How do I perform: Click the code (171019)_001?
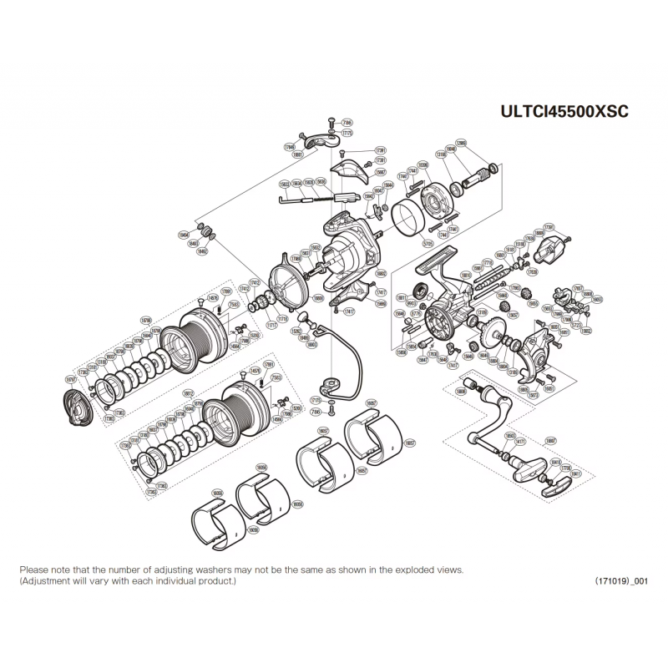point(609,580)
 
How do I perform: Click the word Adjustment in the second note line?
point(44,580)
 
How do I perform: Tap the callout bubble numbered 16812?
point(189,392)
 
